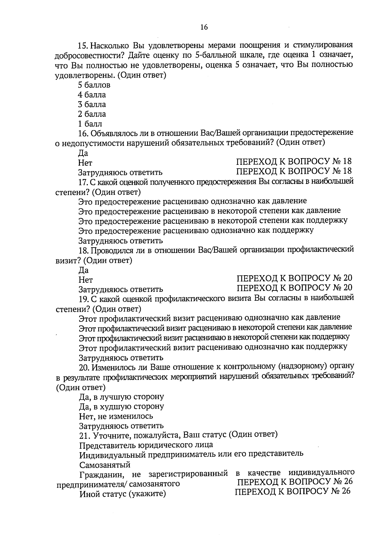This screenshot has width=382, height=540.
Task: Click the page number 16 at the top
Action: tap(204, 27)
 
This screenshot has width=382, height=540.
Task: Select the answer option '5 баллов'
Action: tap(94, 85)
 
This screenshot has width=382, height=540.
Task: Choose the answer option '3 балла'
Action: tap(92, 104)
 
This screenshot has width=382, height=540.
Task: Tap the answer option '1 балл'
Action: tap(90, 124)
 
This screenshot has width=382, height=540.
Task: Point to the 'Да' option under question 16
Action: tap(83, 153)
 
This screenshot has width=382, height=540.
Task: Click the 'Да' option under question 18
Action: tap(84, 270)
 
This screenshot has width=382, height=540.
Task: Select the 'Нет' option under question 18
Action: tap(86, 280)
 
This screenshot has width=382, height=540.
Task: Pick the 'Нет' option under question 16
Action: tap(85, 163)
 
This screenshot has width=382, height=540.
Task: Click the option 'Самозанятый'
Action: tap(105, 465)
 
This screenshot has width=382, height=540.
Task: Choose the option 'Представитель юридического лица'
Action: tap(146, 445)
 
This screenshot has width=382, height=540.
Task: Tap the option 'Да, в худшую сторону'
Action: tap(121, 406)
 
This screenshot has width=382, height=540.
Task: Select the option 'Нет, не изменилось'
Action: tap(116, 416)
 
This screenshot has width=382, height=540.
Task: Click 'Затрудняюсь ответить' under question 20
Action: tap(121, 425)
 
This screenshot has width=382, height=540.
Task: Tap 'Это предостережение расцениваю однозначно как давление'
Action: tap(192, 201)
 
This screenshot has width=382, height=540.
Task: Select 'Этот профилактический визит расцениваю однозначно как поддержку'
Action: tap(213, 347)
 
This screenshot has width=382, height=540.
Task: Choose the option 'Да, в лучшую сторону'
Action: tap(121, 397)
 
